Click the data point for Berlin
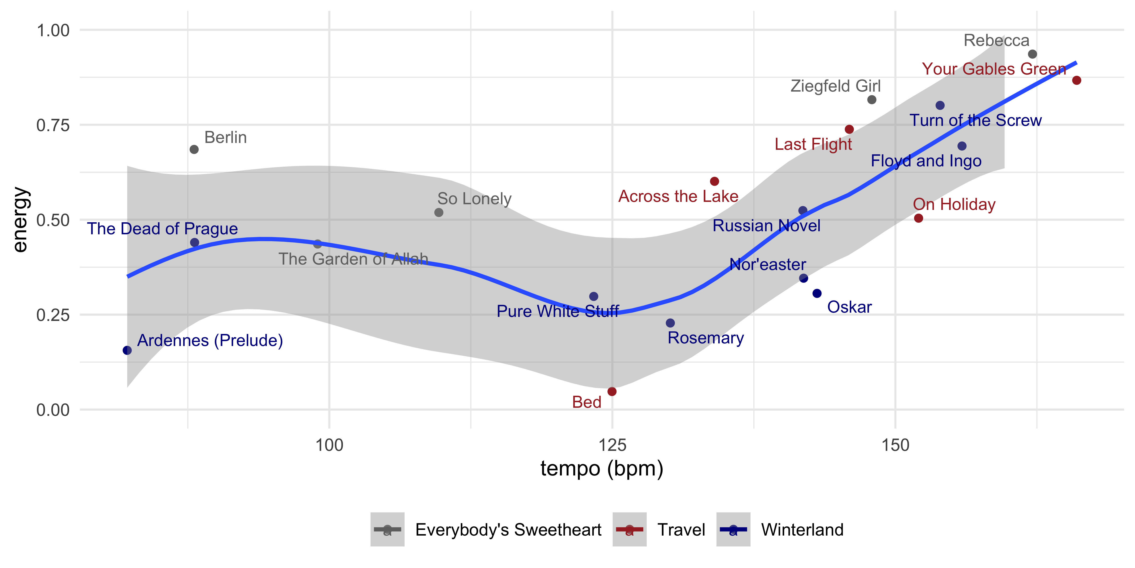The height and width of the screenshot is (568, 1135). tap(194, 150)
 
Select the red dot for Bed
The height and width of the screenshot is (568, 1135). tap(611, 392)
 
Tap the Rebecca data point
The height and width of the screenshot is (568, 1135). tap(1032, 54)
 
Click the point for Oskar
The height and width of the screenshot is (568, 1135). tap(817, 293)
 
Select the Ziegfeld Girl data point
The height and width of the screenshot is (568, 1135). tap(872, 100)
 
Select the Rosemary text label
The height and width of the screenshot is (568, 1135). tap(705, 338)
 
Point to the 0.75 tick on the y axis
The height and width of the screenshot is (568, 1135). tap(53, 125)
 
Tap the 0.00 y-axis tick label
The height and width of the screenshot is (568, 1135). tap(53, 410)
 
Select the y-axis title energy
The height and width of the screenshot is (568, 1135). tap(20, 220)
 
